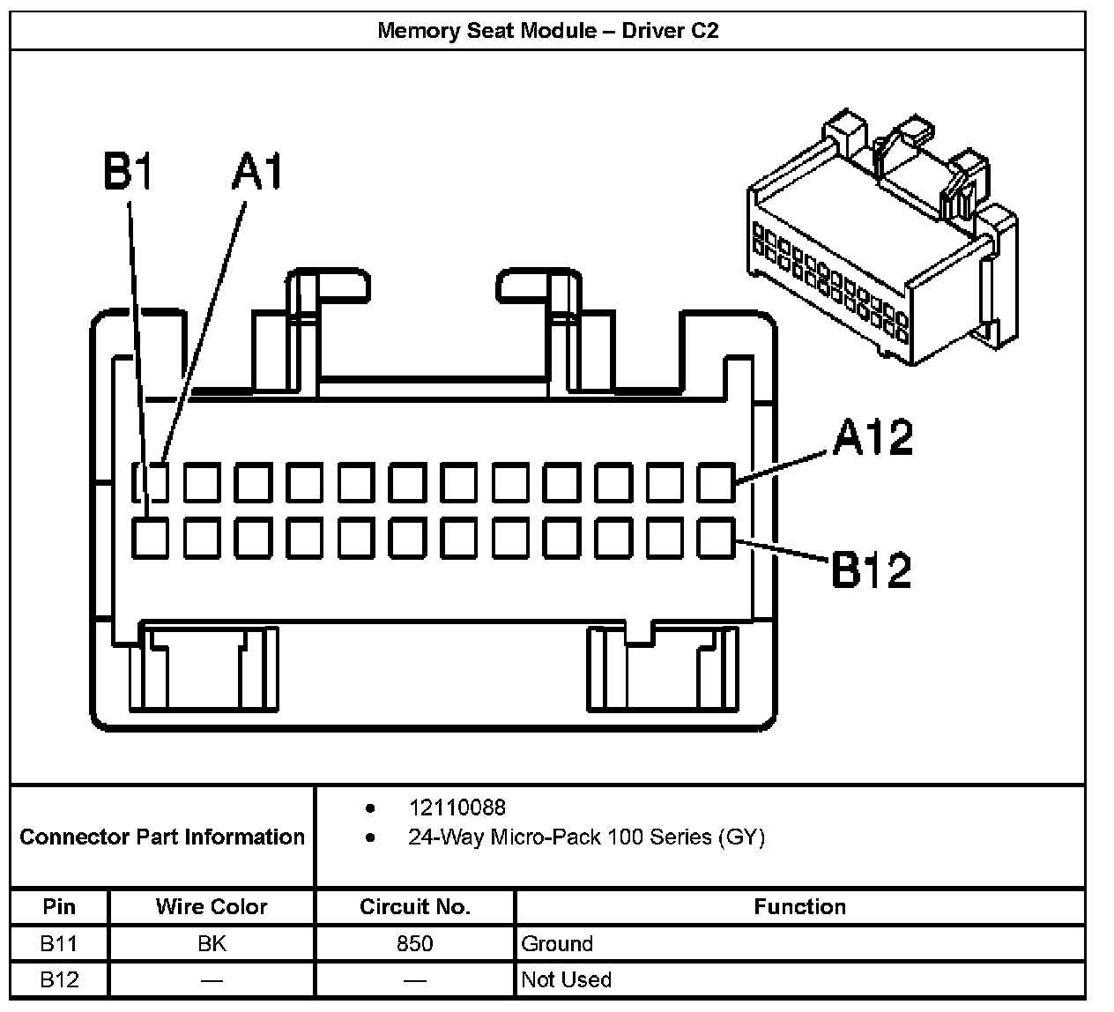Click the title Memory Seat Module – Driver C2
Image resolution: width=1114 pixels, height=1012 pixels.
click(x=547, y=31)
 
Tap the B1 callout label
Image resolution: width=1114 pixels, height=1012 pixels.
click(x=128, y=171)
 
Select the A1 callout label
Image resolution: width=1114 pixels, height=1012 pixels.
click(x=257, y=171)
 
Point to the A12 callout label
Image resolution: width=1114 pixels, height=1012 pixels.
click(x=873, y=437)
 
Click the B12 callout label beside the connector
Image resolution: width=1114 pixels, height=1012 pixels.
click(x=872, y=569)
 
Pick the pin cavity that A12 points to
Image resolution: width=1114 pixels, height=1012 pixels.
click(x=717, y=482)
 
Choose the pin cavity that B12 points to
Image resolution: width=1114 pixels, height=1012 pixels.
click(x=717, y=538)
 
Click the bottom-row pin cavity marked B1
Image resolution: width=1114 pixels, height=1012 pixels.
click(x=150, y=538)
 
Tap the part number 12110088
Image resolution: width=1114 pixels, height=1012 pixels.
click(x=457, y=807)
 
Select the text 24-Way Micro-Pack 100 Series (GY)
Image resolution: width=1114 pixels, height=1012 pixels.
click(x=586, y=837)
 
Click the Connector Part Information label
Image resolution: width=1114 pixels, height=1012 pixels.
click(x=162, y=837)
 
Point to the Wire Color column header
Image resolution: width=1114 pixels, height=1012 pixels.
click(x=212, y=906)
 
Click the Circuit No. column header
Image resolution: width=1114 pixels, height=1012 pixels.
click(x=415, y=906)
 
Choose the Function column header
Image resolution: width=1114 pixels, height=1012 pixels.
click(x=799, y=906)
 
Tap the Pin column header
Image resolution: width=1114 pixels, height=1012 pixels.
click(x=59, y=906)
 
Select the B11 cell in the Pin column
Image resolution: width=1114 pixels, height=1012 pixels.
click(x=59, y=944)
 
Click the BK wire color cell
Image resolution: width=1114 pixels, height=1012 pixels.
click(x=212, y=944)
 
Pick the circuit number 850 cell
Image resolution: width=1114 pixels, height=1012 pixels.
click(x=415, y=944)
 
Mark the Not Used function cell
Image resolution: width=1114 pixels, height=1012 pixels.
click(x=566, y=979)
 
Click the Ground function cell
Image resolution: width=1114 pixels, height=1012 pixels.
click(x=557, y=944)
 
